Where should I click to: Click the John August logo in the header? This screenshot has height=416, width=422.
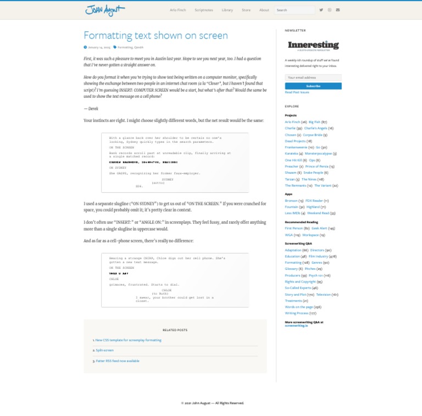point(105,10)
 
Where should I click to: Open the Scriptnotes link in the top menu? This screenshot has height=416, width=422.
point(203,10)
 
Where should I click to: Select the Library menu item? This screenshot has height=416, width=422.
point(227,10)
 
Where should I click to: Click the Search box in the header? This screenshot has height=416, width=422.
point(295,10)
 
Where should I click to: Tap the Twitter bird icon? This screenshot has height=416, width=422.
point(321,10)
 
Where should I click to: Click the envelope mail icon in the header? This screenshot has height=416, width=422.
point(338,10)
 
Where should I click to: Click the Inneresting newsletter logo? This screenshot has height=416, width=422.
point(313,46)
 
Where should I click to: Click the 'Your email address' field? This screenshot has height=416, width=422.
point(313,77)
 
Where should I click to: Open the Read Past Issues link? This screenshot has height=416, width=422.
point(297,92)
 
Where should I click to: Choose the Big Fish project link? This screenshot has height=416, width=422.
point(314,122)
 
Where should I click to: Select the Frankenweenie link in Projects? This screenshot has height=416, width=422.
point(296,147)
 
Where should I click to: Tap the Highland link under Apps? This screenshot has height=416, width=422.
point(313,207)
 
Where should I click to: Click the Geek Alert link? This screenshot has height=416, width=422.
point(319,228)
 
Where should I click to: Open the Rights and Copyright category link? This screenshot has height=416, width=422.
point(300,281)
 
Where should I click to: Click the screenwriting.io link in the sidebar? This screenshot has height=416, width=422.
point(296,325)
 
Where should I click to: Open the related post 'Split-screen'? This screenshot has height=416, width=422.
point(104,350)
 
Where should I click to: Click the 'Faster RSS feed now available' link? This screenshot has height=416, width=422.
point(117,361)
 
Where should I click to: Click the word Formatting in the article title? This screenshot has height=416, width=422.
point(105,36)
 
